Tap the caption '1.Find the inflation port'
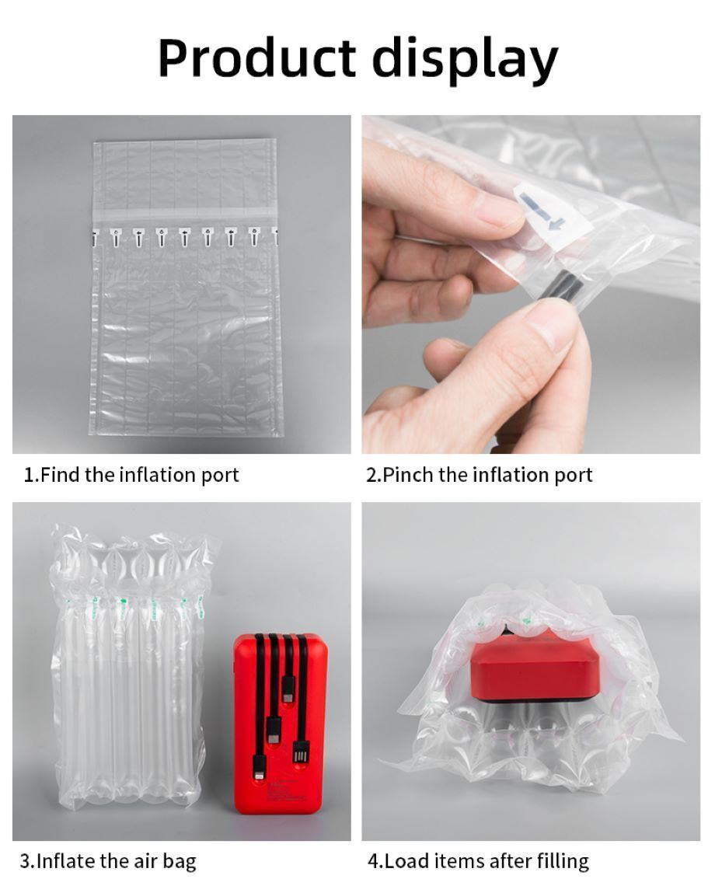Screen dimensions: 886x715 pos(131,474)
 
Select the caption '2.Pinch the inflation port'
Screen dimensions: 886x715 pos(479,474)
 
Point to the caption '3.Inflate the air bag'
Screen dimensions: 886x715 pos(108,860)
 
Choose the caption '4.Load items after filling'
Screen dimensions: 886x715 pos(478,860)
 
